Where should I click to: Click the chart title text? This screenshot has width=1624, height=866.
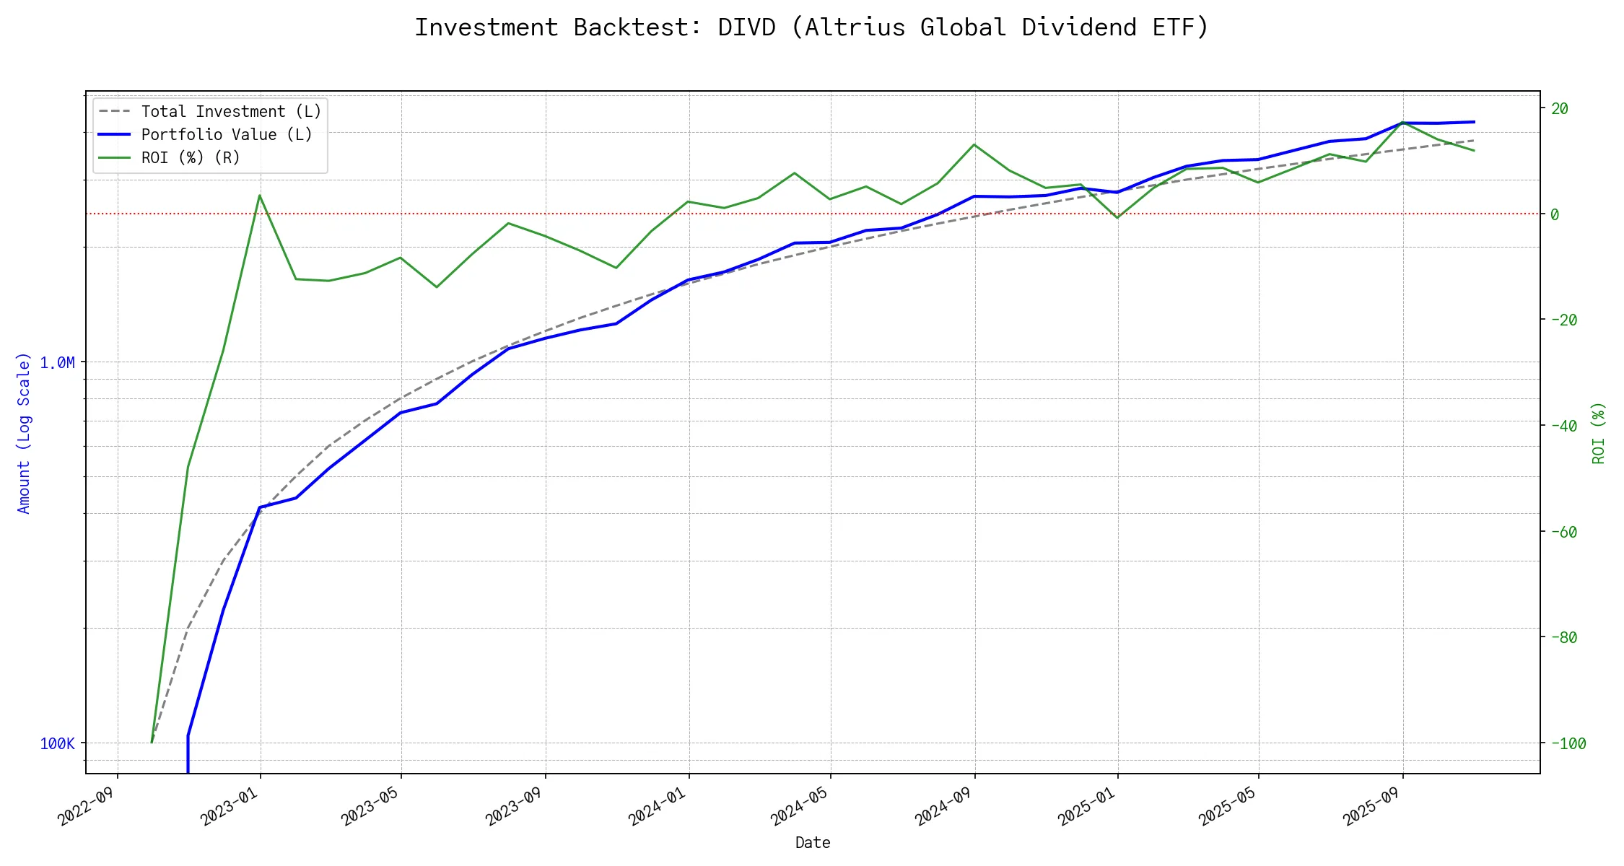coord(811,27)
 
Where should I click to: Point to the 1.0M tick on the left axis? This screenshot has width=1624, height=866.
coord(57,362)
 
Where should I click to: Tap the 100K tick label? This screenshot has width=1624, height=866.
coord(57,743)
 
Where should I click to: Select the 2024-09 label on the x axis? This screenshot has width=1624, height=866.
coord(944,806)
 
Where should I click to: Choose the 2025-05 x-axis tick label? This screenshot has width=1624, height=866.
coord(1228,806)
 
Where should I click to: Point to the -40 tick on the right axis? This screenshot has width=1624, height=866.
coord(1563,426)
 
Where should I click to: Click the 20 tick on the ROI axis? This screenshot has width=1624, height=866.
coord(1560,109)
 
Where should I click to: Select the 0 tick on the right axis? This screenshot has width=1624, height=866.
coord(1555,214)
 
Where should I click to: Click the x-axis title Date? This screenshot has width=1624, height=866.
coord(813,843)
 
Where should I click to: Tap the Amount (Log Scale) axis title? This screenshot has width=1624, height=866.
coord(24,433)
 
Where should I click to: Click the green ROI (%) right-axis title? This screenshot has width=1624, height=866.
coord(1599,433)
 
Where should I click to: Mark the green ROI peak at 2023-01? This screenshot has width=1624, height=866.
coord(260,196)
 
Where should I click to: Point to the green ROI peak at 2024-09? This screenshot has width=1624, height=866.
coord(975,145)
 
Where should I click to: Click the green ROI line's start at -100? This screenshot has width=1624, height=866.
coord(152,742)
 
